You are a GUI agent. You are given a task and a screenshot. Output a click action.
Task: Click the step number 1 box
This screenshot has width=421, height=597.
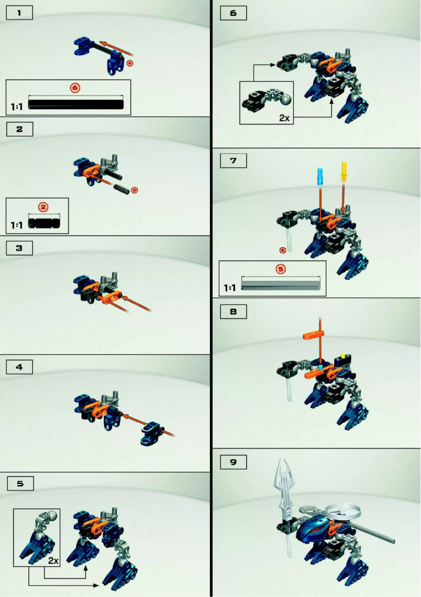tap(19, 13)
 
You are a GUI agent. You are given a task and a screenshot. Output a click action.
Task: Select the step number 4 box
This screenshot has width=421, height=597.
tap(19, 367)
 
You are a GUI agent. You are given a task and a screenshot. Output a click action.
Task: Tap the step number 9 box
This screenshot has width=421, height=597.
tap(233, 462)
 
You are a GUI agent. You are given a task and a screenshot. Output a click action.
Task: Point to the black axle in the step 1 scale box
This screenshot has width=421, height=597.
tap(77, 104)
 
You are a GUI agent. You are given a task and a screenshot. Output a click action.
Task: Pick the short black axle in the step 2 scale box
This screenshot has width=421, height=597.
tap(48, 223)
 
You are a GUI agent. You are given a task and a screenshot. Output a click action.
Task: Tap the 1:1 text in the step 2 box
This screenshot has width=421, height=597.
tap(17, 225)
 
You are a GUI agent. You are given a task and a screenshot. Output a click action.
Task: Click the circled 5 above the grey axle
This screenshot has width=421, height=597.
tap(281, 269)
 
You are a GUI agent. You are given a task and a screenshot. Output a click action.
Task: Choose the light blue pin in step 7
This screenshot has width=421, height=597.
tap(320, 177)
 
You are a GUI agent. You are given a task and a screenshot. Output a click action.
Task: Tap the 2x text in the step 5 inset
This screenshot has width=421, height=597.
tap(52, 561)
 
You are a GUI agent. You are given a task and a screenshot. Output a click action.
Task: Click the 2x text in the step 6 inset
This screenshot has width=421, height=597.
tap(284, 118)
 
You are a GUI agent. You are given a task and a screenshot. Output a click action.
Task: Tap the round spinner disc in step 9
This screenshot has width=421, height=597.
tap(344, 509)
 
